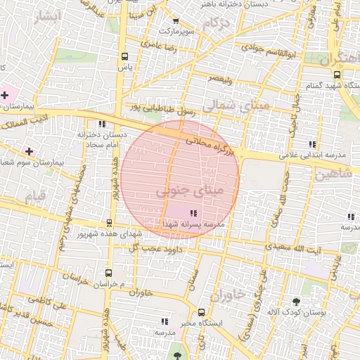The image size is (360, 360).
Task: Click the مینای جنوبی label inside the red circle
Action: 181,191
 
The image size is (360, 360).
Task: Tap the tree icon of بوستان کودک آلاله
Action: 305,300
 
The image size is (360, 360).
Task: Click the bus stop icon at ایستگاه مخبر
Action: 202,312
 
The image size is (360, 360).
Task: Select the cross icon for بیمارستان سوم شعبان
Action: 29,151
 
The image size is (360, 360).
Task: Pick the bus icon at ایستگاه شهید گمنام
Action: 337,74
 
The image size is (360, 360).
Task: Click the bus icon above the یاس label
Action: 124,57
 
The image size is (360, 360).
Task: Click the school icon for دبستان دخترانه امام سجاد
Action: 103,124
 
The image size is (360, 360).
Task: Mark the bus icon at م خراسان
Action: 108,272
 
